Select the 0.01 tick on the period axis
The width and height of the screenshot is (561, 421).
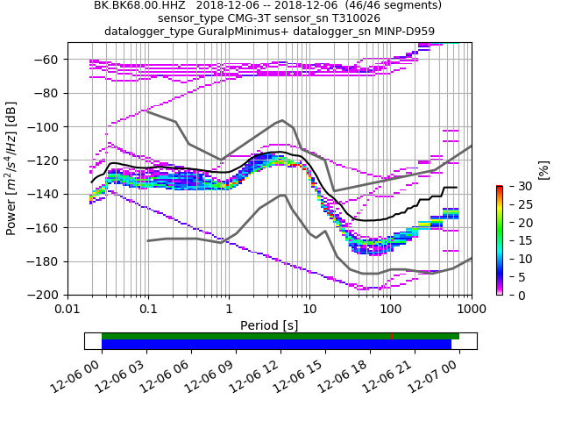pyautogui.click(x=67, y=310)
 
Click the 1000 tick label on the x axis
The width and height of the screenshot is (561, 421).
pyautogui.click(x=471, y=310)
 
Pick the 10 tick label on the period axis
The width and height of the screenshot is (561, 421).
pyautogui.click(x=309, y=310)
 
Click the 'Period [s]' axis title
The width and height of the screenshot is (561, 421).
pyautogui.click(x=269, y=325)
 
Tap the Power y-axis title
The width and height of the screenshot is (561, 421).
pyautogui.click(x=11, y=175)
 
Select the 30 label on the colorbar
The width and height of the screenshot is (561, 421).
pyautogui.click(x=517, y=187)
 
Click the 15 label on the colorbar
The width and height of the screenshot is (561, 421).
pyautogui.click(x=517, y=241)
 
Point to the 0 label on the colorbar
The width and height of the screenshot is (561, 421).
pyautogui.click(x=514, y=296)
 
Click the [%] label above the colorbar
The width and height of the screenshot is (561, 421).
pyautogui.click(x=543, y=170)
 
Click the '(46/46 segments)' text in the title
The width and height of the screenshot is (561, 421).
pyautogui.click(x=387, y=5)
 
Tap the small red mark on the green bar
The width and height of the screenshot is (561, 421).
pyautogui.click(x=391, y=336)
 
